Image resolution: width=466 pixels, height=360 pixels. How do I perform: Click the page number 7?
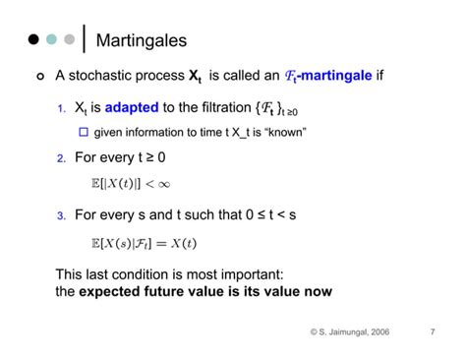(x=433, y=332)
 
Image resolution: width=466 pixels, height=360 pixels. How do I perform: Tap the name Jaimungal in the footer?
(x=337, y=332)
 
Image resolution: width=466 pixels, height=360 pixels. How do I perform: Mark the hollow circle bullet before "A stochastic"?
(x=38, y=77)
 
